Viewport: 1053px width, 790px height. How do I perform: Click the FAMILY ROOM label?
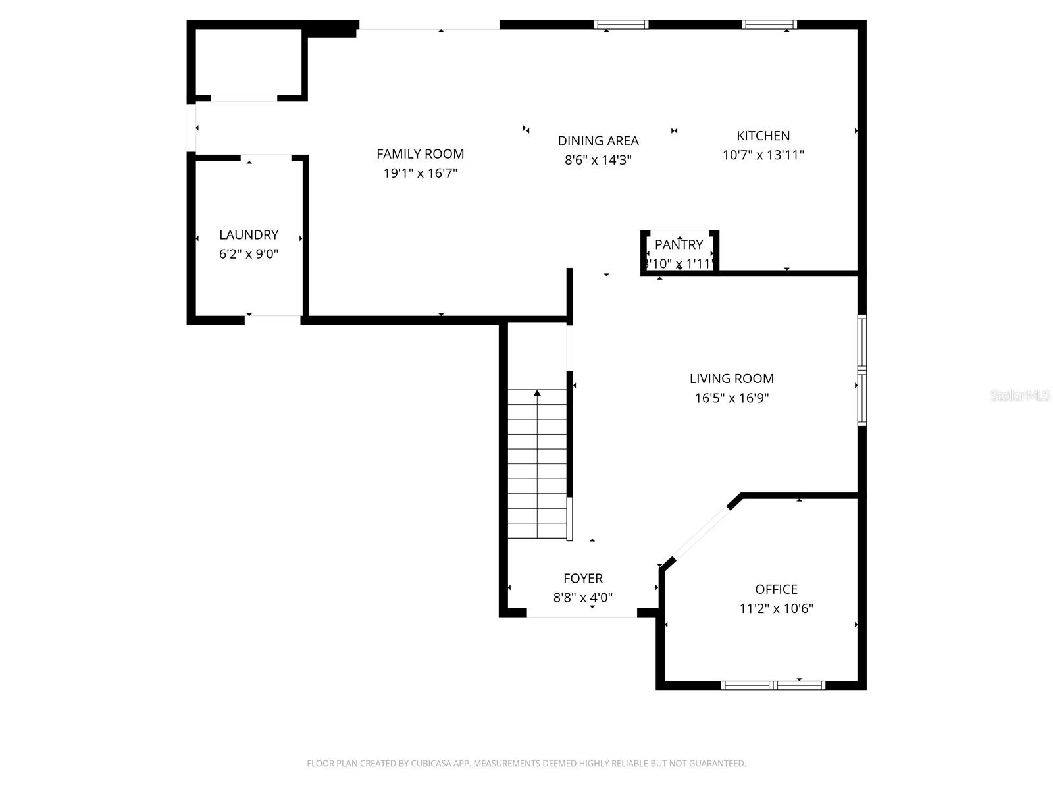(420, 154)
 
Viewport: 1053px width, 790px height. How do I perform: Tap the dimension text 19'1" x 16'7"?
(420, 174)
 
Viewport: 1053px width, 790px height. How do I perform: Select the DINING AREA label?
(598, 141)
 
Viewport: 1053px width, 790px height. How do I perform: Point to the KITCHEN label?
(763, 136)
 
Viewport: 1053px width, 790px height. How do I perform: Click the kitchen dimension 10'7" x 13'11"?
(763, 155)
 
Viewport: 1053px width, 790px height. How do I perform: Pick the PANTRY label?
(679, 244)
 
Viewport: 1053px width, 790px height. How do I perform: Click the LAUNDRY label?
(249, 234)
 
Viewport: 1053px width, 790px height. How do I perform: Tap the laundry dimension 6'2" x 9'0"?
(249, 254)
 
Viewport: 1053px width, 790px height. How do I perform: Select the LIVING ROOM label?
(731, 379)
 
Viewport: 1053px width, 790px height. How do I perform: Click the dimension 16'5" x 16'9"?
(731, 398)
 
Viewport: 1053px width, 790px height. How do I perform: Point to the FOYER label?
(582, 579)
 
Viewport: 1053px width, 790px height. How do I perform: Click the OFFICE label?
(776, 589)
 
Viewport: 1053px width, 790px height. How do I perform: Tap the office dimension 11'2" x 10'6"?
(776, 609)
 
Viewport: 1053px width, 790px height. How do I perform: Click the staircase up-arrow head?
(537, 393)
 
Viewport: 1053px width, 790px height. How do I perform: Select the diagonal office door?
(702, 533)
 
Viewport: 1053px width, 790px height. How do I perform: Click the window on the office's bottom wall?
(773, 685)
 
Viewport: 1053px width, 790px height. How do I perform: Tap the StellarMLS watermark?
(1020, 396)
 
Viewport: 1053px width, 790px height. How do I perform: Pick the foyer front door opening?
(582, 614)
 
